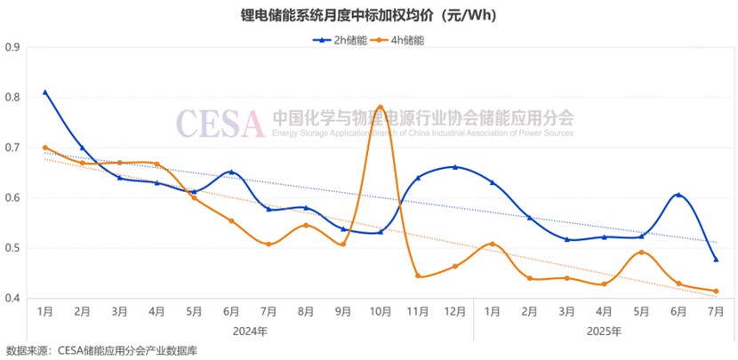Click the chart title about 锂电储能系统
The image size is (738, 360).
(x=369, y=15)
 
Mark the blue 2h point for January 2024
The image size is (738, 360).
(x=44, y=92)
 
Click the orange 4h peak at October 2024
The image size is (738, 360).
(x=381, y=108)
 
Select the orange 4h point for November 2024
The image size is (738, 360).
(x=418, y=276)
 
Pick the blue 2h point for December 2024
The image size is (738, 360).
(x=455, y=167)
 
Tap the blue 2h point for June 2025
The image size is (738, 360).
(x=678, y=195)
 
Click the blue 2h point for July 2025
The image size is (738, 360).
(x=716, y=260)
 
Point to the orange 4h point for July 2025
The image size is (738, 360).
(x=716, y=291)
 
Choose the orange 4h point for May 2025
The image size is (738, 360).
(x=641, y=252)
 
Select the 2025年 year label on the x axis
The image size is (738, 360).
(x=604, y=331)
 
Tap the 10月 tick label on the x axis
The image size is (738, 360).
(x=381, y=313)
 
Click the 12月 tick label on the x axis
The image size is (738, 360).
(x=455, y=313)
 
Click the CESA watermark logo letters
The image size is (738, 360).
(x=220, y=124)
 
